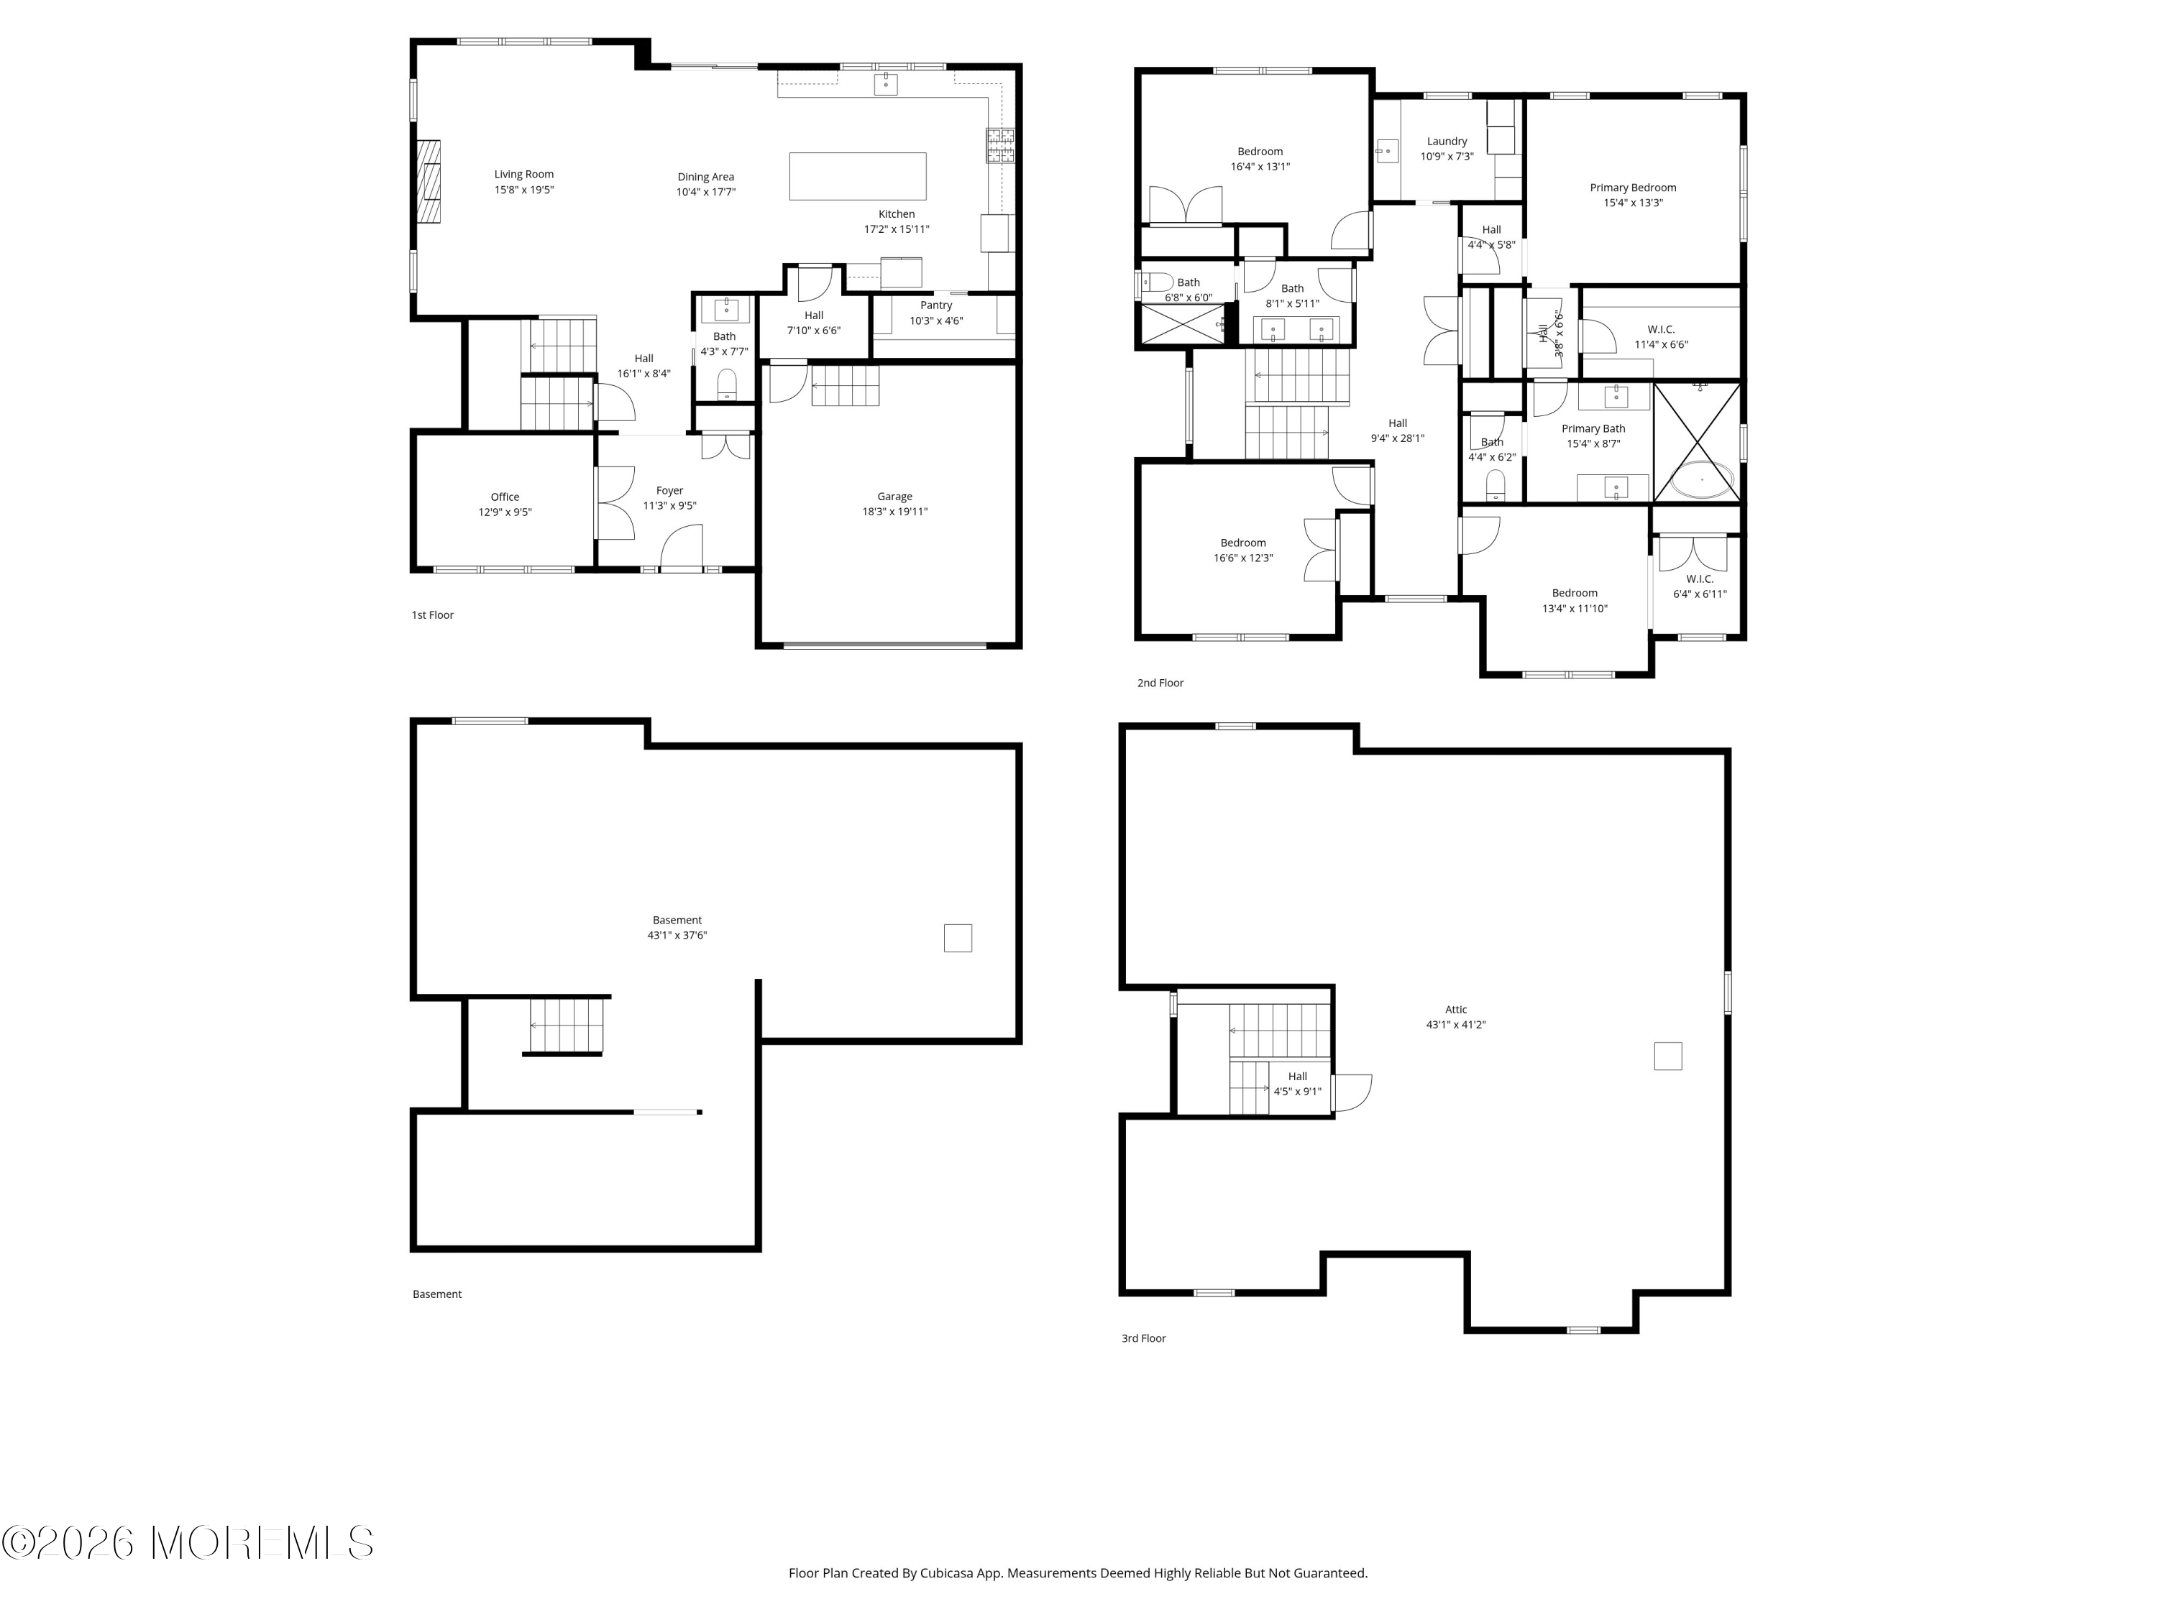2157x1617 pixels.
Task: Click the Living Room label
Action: click(523, 175)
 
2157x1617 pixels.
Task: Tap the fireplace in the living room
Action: click(428, 183)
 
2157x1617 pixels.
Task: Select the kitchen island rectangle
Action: click(857, 175)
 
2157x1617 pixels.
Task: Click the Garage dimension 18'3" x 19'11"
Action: click(894, 512)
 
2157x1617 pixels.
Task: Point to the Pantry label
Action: click(936, 305)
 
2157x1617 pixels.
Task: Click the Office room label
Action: click(505, 497)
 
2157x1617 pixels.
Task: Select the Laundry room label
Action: click(1446, 142)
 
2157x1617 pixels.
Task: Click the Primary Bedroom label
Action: click(1632, 188)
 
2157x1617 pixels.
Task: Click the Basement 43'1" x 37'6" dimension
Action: click(677, 935)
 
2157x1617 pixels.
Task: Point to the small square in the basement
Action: click(958, 938)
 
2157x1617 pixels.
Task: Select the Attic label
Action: click(1455, 1010)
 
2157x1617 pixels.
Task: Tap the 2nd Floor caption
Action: click(1160, 683)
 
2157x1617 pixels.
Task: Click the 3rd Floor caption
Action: click(1143, 1338)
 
